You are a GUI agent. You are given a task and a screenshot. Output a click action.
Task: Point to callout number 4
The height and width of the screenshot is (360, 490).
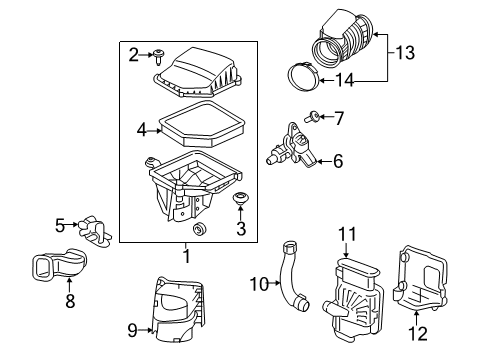tap(142, 128)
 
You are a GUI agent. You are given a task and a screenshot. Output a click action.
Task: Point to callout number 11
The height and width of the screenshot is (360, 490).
tap(346, 234)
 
